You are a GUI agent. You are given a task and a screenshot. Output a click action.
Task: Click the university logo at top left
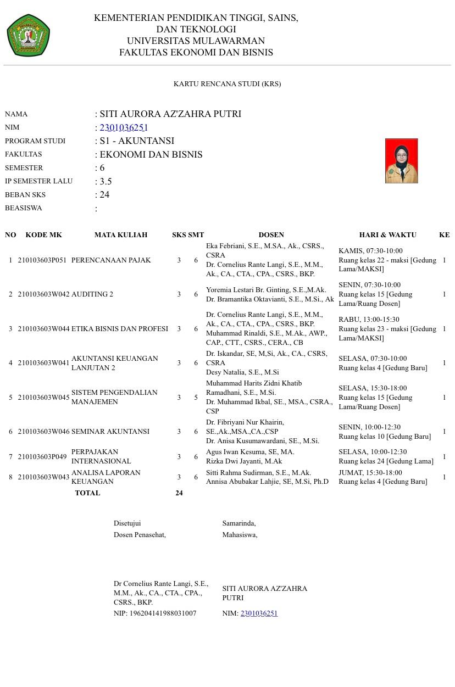[29, 36]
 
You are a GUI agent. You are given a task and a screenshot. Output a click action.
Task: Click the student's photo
[401, 161]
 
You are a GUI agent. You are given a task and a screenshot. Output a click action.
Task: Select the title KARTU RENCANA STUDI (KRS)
[227, 84]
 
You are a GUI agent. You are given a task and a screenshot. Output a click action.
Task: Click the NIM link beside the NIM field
[124, 127]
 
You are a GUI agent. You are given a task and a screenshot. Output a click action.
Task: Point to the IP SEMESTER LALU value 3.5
[106, 181]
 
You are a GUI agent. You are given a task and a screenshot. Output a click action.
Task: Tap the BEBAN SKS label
[25, 195]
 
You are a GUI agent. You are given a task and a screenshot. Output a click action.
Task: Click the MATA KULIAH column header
[121, 235]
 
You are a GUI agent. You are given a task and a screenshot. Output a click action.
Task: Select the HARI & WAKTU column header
[387, 235]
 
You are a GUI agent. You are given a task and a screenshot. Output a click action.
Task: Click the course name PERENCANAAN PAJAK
[111, 260]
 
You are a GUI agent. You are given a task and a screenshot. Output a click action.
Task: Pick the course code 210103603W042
[44, 294]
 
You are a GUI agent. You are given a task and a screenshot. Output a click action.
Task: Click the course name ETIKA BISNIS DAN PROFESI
[120, 329]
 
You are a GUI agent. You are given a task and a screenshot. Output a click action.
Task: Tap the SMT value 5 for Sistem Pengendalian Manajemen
[196, 398]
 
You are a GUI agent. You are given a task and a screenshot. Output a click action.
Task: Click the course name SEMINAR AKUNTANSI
[110, 432]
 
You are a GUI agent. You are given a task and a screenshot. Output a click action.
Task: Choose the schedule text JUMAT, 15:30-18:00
[370, 473]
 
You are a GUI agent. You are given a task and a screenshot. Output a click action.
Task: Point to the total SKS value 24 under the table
[179, 493]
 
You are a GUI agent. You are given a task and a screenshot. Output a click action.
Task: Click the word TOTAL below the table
[87, 493]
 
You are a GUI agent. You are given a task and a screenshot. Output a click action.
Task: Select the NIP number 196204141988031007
[162, 613]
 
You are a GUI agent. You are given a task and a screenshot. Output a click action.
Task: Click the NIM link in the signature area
[259, 613]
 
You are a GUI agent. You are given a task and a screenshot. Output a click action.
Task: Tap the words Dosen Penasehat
[140, 535]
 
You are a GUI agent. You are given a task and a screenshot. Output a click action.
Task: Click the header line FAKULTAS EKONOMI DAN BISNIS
[196, 53]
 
